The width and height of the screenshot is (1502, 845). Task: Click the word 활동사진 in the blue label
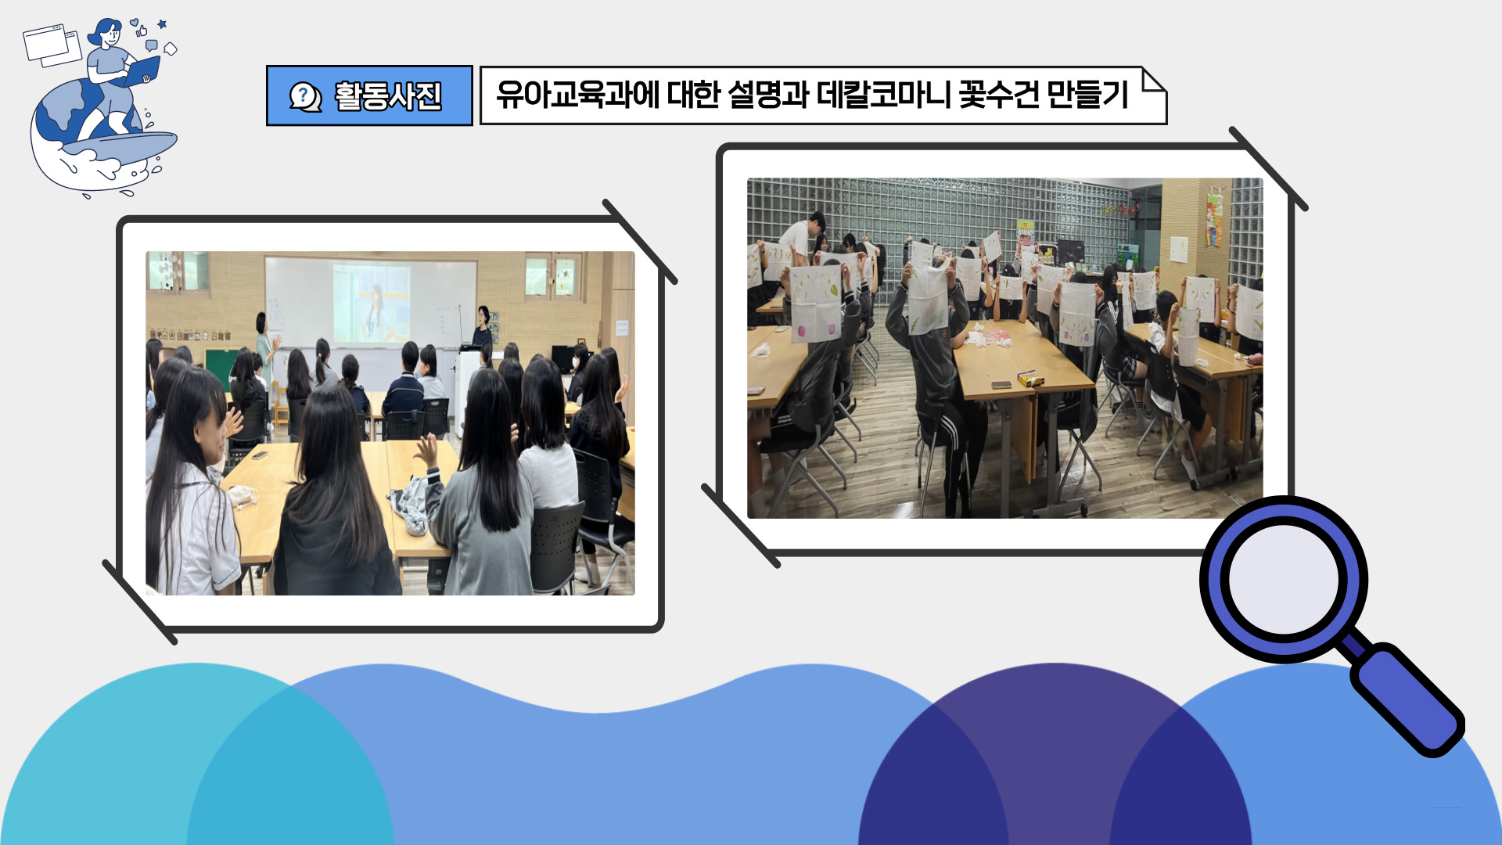coord(388,96)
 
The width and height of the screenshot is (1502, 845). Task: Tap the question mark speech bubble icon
coord(304,96)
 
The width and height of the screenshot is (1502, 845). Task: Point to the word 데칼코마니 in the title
coord(883,95)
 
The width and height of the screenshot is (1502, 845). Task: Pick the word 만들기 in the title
coord(1088,95)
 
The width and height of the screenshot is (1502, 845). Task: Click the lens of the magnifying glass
coord(1283,580)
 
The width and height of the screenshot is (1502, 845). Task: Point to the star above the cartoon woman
coord(162,25)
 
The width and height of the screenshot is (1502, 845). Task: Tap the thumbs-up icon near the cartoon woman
coord(142,31)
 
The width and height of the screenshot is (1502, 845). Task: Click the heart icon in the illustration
coord(134,22)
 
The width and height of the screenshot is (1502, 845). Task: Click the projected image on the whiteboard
coord(372,304)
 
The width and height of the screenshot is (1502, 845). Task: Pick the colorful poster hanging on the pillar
coord(1213,218)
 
